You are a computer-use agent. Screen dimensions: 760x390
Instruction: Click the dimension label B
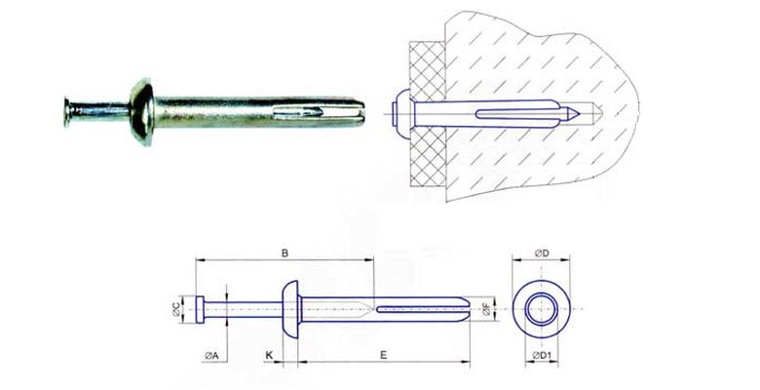285,253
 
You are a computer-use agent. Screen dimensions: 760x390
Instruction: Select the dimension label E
383,355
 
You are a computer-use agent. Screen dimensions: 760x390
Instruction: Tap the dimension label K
269,355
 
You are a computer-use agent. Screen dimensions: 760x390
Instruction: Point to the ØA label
211,356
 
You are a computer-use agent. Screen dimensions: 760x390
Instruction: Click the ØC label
176,309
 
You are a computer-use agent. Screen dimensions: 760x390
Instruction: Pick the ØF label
486,309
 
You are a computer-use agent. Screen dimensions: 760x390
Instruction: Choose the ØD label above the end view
542,253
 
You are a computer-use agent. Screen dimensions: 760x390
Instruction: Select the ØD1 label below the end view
543,356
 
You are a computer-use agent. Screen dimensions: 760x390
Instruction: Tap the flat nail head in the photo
67,112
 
